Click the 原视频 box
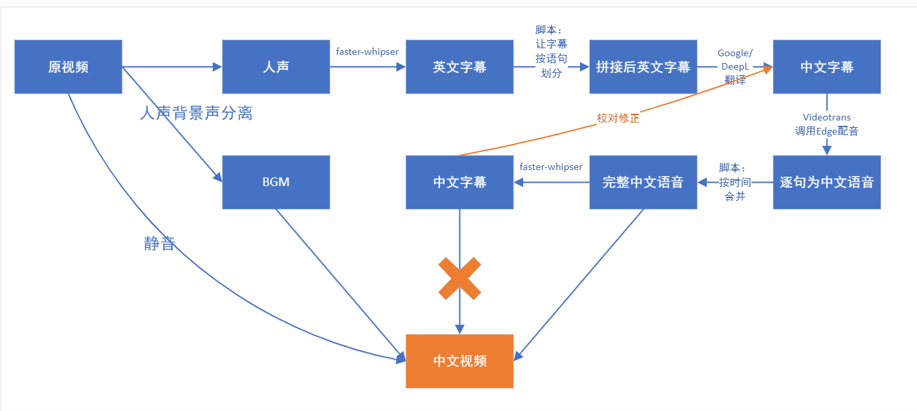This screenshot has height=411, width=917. click(68, 67)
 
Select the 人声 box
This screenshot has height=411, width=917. click(276, 67)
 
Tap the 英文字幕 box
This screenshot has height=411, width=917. click(460, 67)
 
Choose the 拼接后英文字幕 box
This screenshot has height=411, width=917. click(643, 67)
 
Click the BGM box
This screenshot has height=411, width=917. click(276, 182)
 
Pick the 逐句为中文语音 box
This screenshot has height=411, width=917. click(827, 182)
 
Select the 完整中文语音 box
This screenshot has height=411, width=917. click(643, 182)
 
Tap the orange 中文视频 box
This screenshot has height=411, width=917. click(460, 361)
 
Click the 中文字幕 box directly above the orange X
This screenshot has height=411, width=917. click(460, 182)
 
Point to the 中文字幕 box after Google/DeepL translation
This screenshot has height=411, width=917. click(827, 67)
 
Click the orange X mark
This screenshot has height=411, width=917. click(460, 278)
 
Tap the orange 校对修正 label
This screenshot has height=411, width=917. click(618, 118)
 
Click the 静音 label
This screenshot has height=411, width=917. click(159, 244)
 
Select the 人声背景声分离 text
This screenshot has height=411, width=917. click(196, 113)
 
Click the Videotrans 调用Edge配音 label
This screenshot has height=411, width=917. click(827, 125)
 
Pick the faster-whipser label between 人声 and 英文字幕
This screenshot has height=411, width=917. click(367, 51)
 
